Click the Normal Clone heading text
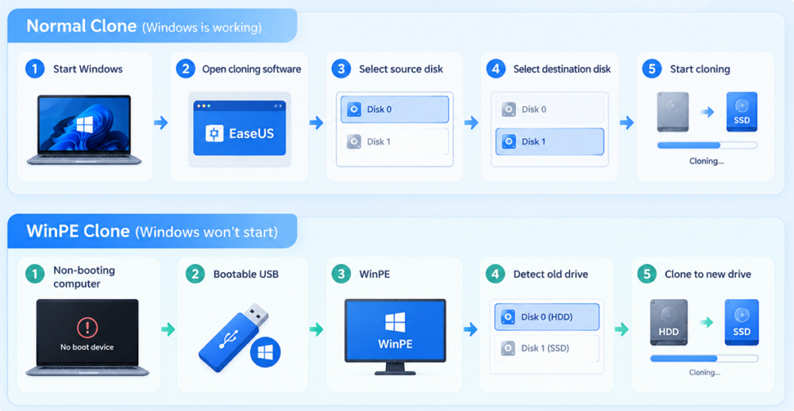[x=82, y=26]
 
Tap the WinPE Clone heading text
[x=78, y=232]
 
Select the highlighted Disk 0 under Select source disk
[x=395, y=109]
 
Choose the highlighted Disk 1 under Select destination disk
[x=549, y=142]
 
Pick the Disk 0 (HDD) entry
[x=546, y=317]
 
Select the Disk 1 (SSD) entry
[x=546, y=348]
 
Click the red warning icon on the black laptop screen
[x=87, y=328]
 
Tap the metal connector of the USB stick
[x=256, y=314]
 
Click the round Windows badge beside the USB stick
[x=265, y=352]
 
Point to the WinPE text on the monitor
[x=395, y=344]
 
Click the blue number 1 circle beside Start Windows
[x=35, y=69]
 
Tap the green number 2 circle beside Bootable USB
[x=195, y=275]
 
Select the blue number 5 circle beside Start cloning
[x=652, y=69]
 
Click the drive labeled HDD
[x=669, y=322]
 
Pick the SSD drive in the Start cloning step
[x=742, y=112]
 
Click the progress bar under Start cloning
[x=707, y=145]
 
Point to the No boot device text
[x=87, y=348]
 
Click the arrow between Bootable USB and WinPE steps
[x=316, y=330]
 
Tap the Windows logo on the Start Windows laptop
[x=85, y=125]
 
